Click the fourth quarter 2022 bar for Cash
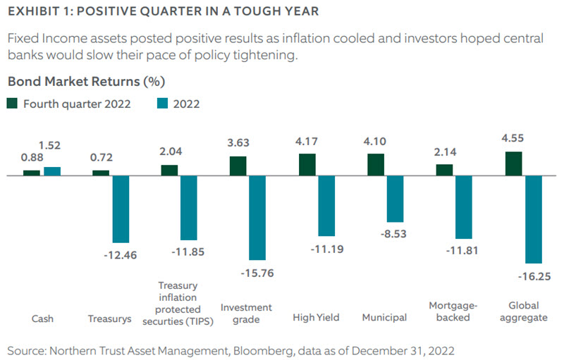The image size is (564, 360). point(32,172)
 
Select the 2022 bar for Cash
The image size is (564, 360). point(52,170)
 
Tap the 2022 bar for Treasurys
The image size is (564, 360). point(121,209)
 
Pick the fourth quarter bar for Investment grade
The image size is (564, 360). point(238,166)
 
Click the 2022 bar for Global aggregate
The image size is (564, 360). point(532,218)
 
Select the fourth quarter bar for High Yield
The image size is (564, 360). point(307,164)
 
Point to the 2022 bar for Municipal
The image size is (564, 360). point(395,199)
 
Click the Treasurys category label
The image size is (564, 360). point(111,318)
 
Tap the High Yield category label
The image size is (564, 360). point(316,318)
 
